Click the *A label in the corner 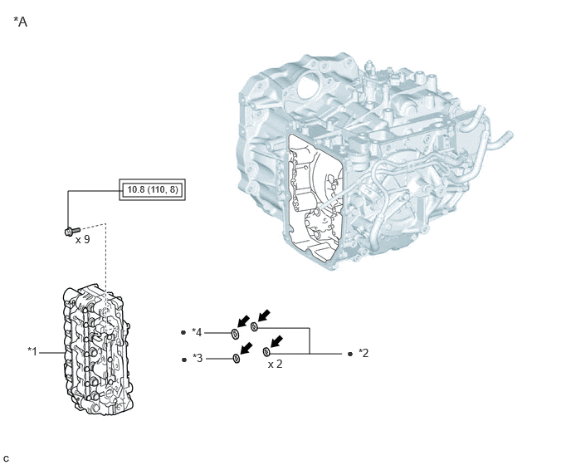click(21, 22)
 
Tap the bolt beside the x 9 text click(72, 231)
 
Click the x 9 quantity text click(83, 239)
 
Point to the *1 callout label click(32, 352)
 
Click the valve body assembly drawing click(96, 349)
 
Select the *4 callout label click(197, 332)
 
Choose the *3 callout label click(198, 358)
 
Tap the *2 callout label click(364, 353)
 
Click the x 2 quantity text click(275, 364)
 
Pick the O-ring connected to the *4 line click(235, 333)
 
